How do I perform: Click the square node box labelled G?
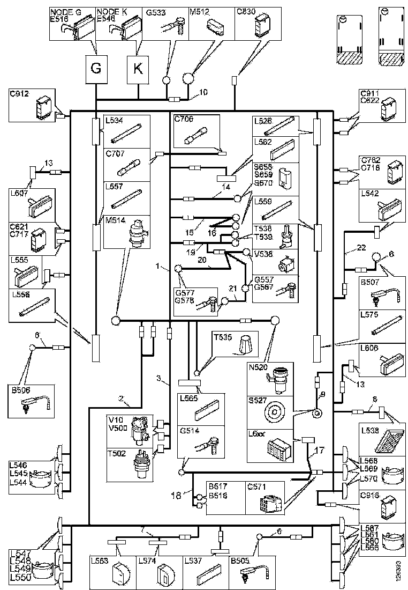[x=96, y=69]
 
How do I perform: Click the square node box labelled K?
[x=138, y=69]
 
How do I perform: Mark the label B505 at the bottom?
[x=240, y=561]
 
